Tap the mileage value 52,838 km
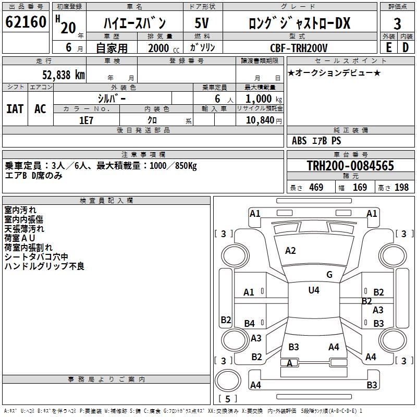(63, 75)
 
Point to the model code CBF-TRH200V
(302, 48)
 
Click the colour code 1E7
(86, 120)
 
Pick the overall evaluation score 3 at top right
(397, 23)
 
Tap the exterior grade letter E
(388, 47)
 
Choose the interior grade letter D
(406, 47)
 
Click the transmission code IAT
(15, 109)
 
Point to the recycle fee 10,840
(260, 120)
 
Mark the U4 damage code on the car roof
(313, 290)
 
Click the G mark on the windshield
(329, 275)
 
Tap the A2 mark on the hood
(290, 251)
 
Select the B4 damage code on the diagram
(250, 324)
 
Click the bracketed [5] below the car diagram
(228, 399)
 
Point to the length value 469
(316, 188)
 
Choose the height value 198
(401, 188)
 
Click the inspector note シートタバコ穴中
(36, 257)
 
